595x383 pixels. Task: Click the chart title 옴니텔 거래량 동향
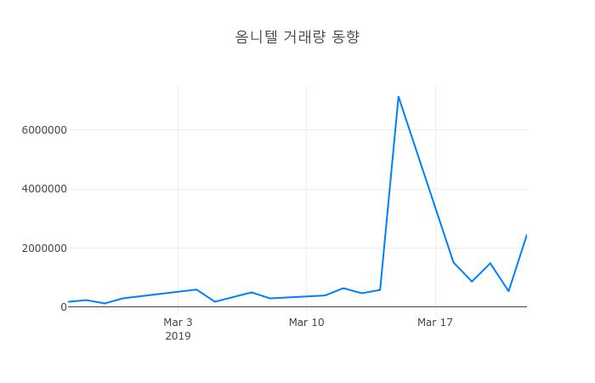pos(297,37)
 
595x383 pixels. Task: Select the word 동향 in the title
pos(344,37)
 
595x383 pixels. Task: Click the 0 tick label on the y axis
pos(63,307)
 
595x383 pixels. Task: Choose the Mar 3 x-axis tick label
pos(178,323)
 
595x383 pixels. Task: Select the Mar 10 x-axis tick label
pos(306,323)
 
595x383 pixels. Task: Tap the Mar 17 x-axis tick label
pos(435,323)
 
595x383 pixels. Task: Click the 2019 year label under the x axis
pos(178,336)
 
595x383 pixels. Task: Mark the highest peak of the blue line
pos(398,96)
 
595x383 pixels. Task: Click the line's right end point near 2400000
pos(526,235)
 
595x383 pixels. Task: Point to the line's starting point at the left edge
pos(68,302)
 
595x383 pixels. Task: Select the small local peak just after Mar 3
pos(196,289)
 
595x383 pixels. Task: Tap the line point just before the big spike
pos(380,289)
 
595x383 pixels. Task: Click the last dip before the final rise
pos(508,291)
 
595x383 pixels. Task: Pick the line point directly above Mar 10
pos(306,296)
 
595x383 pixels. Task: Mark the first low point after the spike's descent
pos(472,281)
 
